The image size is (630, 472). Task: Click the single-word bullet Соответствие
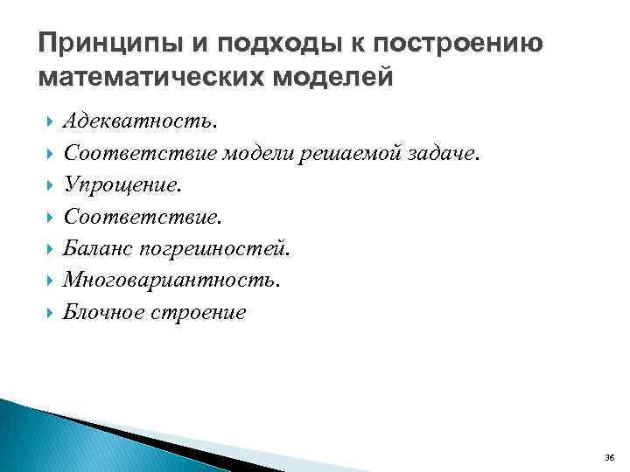[x=129, y=218]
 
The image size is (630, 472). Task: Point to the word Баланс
[x=96, y=249]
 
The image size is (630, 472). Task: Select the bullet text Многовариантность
[x=172, y=281]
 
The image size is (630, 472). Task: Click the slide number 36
[x=609, y=457]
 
